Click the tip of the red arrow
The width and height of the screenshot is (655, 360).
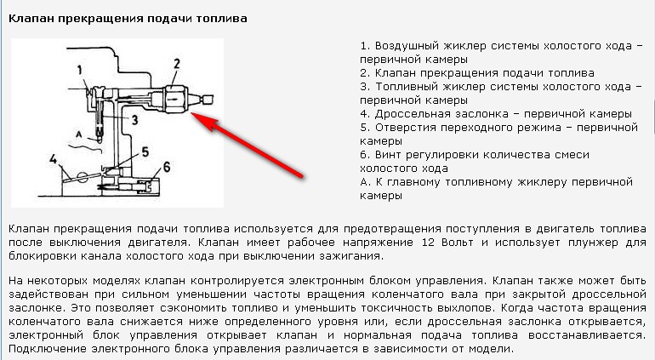tap(192, 113)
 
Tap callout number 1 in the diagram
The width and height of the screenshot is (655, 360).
tap(80, 70)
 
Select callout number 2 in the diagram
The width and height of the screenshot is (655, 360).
tap(177, 64)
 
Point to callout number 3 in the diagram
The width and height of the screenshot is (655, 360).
tap(134, 120)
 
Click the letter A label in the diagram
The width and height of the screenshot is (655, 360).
tap(78, 134)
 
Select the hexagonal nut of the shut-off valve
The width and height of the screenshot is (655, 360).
tap(175, 99)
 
